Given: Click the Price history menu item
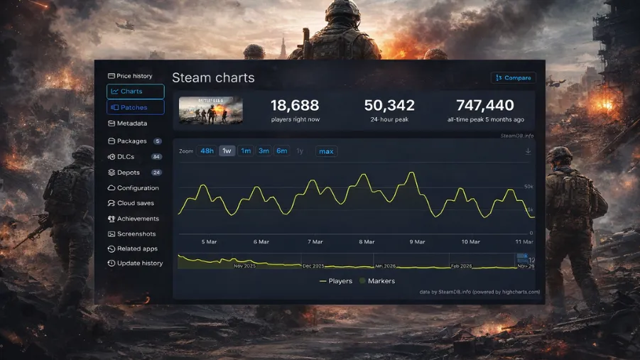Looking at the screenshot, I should (x=130, y=76).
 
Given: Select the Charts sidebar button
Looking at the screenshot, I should (x=135, y=92).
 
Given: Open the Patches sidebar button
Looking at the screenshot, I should (x=135, y=107).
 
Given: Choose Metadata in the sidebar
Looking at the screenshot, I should (x=131, y=124).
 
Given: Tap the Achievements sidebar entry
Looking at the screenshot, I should (x=137, y=219).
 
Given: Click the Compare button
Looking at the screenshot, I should (x=513, y=77).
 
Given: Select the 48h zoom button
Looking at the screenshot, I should (x=207, y=151).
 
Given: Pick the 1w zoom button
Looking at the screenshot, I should (x=227, y=151).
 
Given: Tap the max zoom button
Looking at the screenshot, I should (x=326, y=151).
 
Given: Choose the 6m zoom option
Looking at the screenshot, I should (x=282, y=151).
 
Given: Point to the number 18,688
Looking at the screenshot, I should (x=295, y=106).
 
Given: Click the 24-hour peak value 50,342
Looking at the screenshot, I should (x=389, y=106).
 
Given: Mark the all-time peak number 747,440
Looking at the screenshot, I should (x=485, y=106).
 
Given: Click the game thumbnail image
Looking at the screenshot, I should (x=210, y=110).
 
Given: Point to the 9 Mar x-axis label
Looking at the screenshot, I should (x=418, y=242).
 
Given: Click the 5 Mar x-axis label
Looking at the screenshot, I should (x=209, y=242).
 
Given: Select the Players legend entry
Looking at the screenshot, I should (x=336, y=281).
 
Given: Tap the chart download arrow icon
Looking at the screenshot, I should (x=528, y=151).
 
